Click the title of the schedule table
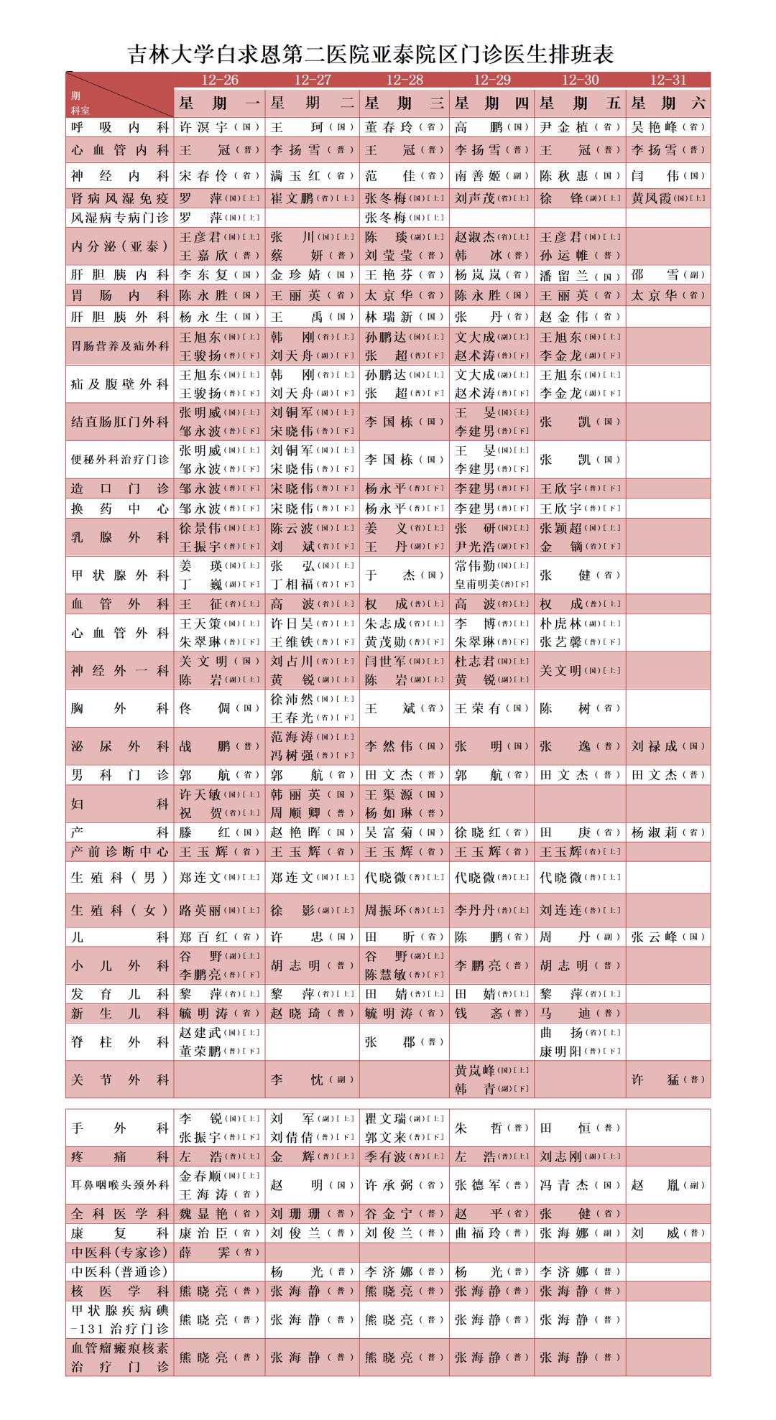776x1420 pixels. (x=371, y=55)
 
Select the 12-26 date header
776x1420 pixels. (x=219, y=80)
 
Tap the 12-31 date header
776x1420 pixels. (x=668, y=80)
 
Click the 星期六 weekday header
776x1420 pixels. (x=668, y=103)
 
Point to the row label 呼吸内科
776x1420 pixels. (x=120, y=127)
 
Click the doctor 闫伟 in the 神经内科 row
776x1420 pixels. (x=655, y=175)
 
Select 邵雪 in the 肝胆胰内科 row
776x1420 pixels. (x=655, y=274)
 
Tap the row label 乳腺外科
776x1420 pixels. (x=120, y=537)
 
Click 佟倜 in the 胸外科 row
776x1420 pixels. (x=204, y=708)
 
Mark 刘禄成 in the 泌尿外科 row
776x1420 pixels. (x=655, y=746)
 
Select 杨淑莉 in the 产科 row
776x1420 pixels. (x=655, y=832)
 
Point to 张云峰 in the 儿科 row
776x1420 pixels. (x=655, y=937)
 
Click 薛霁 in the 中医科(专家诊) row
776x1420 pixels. (x=204, y=1252)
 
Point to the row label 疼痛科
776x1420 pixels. (x=120, y=1157)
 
